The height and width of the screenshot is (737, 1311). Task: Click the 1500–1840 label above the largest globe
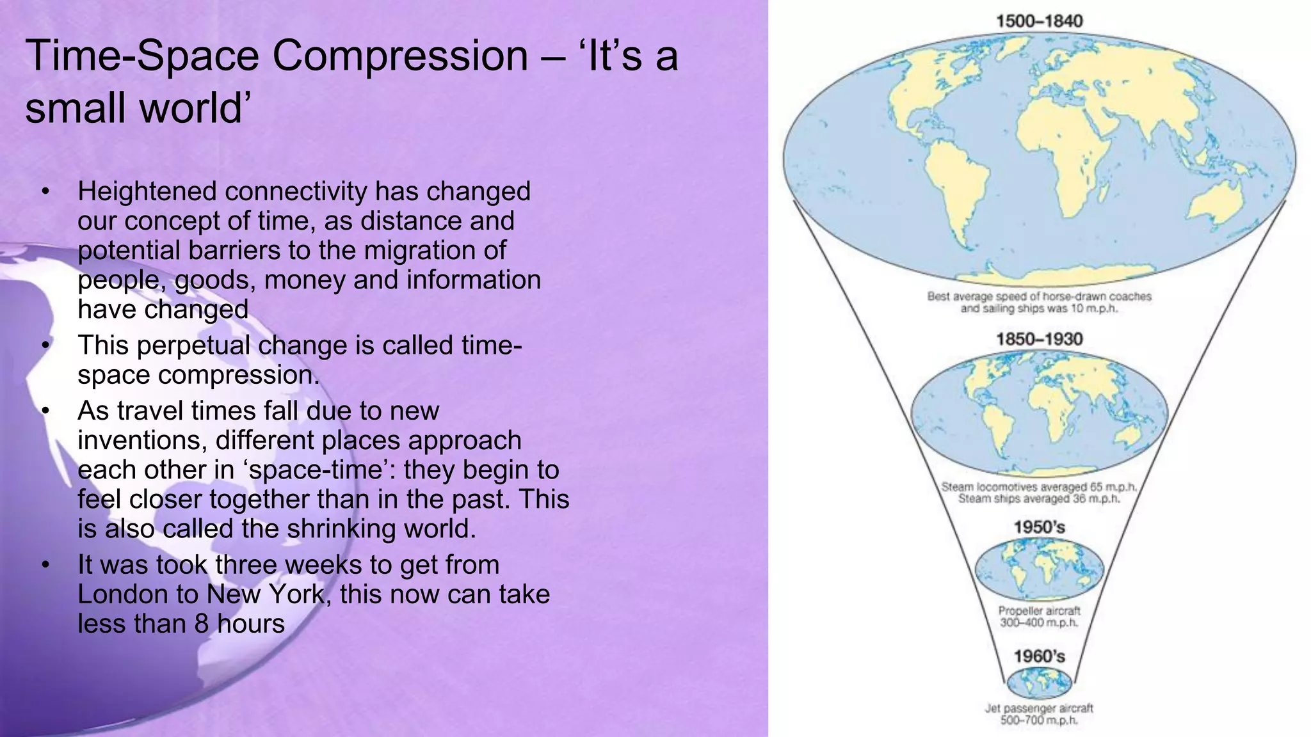[1039, 21]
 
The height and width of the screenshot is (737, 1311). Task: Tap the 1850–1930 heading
[1039, 339]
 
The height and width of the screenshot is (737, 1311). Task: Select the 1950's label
[1039, 527]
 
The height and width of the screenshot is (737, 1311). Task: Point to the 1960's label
[1039, 656]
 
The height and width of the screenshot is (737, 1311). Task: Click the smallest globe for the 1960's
[1039, 683]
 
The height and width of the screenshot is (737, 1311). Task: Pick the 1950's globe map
[1039, 567]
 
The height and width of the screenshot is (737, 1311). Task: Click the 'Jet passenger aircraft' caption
[1038, 708]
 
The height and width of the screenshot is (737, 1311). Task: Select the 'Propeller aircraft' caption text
[1039, 611]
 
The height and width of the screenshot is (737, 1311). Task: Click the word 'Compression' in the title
[400, 56]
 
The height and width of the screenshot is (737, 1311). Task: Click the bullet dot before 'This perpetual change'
[45, 345]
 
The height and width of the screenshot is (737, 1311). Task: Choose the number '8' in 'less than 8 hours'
[202, 624]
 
